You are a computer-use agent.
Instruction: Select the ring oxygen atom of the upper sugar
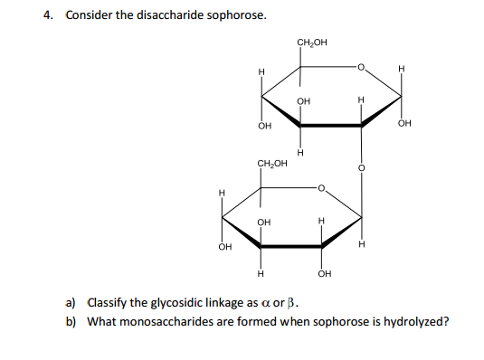(x=359, y=66)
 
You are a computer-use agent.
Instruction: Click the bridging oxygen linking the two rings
(x=360, y=167)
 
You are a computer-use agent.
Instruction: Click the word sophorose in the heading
(x=237, y=15)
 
